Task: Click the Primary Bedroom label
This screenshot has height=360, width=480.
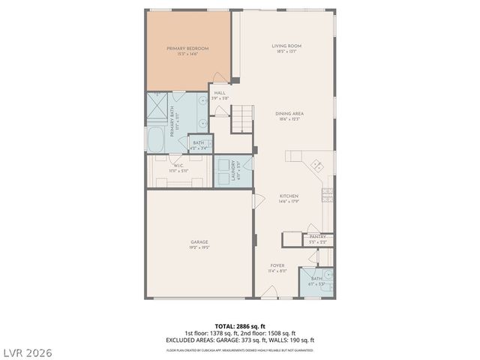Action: pos(187,50)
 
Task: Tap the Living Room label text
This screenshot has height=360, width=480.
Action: pos(286,49)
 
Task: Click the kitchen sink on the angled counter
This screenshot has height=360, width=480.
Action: pos(316,164)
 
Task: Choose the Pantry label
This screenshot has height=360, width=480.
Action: pos(317,238)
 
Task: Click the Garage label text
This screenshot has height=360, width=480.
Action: pos(199,244)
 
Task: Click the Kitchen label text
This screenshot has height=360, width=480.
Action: pos(289,198)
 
